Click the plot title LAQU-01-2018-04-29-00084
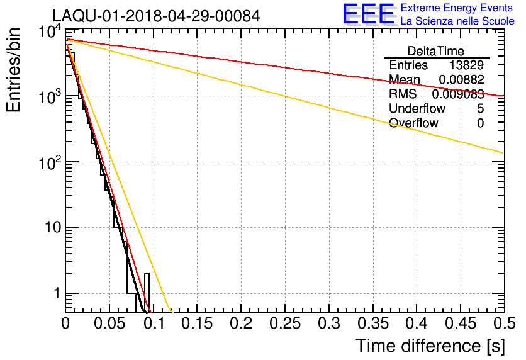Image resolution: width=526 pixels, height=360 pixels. pyautogui.click(x=155, y=16)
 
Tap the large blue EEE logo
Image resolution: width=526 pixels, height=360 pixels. pyautogui.click(x=368, y=14)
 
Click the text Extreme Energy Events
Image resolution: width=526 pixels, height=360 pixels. pyautogui.click(x=457, y=8)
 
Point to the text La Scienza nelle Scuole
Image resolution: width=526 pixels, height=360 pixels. pyautogui.click(x=457, y=21)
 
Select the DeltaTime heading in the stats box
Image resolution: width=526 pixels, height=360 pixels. pyautogui.click(x=436, y=50)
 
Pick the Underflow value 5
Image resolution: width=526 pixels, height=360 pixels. pyautogui.click(x=480, y=109)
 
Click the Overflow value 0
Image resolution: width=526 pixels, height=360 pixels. pyautogui.click(x=480, y=123)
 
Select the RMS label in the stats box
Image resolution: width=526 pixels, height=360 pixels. pyautogui.click(x=403, y=94)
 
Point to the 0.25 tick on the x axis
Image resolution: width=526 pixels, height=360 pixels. pyautogui.click(x=285, y=323)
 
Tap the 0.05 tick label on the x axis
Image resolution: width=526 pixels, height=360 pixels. pyautogui.click(x=109, y=323)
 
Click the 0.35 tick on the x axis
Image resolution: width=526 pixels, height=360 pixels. pyautogui.click(x=372, y=323)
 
